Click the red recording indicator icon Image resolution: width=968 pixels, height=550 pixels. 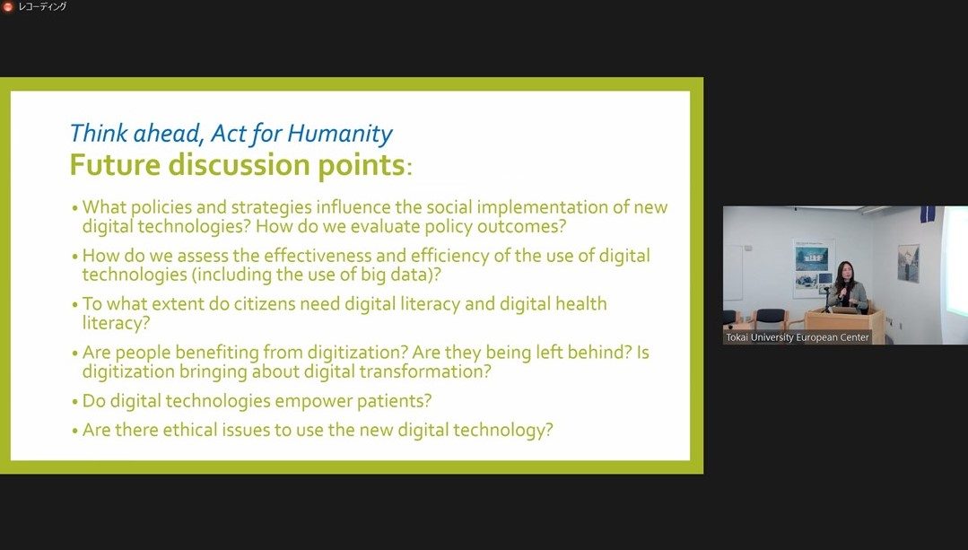(7, 7)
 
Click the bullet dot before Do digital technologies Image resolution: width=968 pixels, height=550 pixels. (75, 403)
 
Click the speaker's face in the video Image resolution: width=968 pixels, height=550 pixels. (843, 270)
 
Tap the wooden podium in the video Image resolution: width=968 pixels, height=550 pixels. (844, 323)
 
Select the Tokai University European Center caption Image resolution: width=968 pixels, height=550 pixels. (797, 337)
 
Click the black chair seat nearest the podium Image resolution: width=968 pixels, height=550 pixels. (771, 321)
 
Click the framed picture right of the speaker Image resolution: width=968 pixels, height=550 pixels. (908, 264)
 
